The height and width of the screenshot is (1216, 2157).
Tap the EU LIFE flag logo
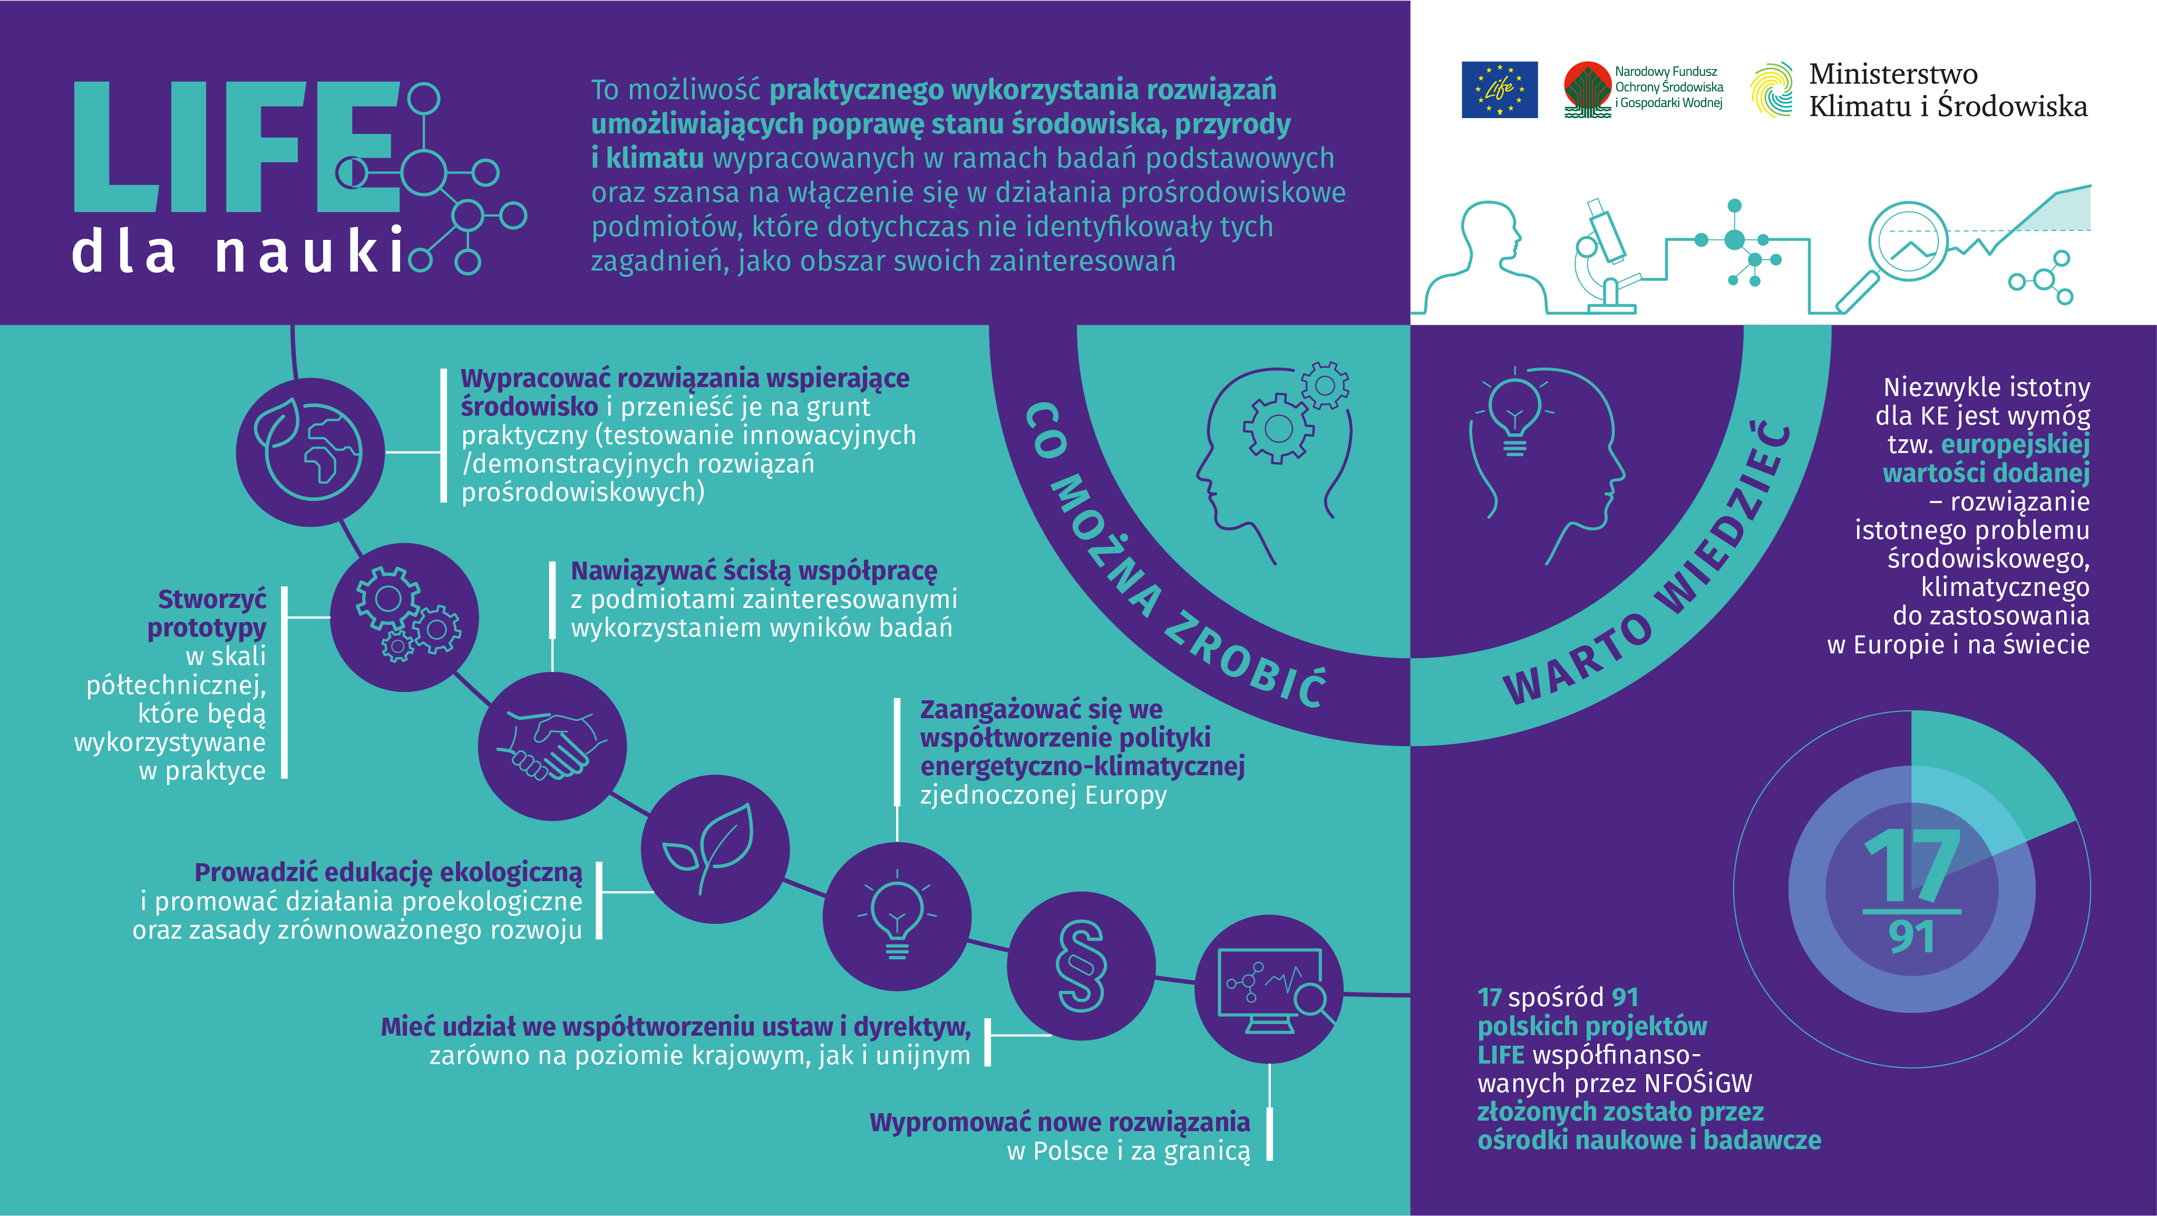tap(1499, 90)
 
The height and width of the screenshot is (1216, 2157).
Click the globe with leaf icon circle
tap(310, 452)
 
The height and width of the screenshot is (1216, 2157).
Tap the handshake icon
tap(552, 745)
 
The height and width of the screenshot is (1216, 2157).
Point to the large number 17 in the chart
tap(1912, 866)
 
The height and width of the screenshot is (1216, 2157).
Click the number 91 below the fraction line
tap(1912, 937)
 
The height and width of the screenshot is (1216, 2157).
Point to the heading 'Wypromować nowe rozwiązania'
tap(1059, 1122)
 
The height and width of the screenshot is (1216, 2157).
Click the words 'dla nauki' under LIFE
tap(239, 251)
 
